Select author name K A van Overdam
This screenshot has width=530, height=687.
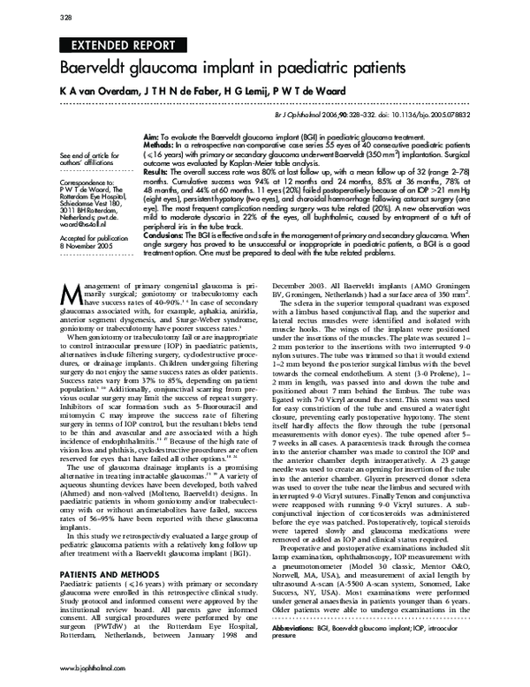(x=98, y=91)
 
